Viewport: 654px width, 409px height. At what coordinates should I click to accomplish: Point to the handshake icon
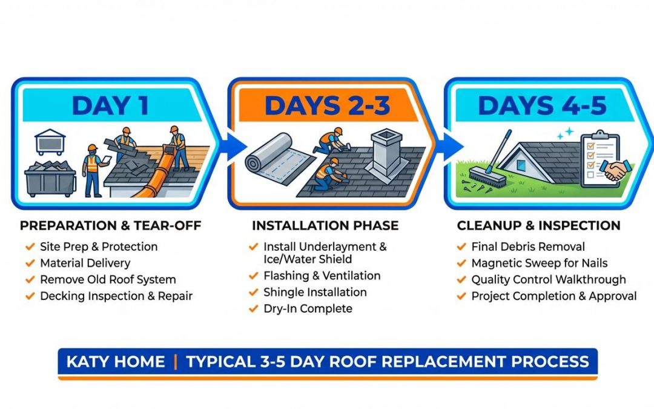[617, 171]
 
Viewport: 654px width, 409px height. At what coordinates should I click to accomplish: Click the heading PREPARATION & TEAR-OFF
[110, 226]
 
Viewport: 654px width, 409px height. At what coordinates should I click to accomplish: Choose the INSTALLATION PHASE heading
[325, 226]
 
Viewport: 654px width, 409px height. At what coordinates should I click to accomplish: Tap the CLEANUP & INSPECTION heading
[538, 226]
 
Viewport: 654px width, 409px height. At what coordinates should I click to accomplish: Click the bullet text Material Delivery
[85, 263]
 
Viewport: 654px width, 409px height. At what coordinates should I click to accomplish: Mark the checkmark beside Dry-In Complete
[253, 308]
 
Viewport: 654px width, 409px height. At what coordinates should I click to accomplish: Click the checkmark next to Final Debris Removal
[461, 247]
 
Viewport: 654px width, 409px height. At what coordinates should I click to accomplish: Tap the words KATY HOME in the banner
[116, 362]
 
